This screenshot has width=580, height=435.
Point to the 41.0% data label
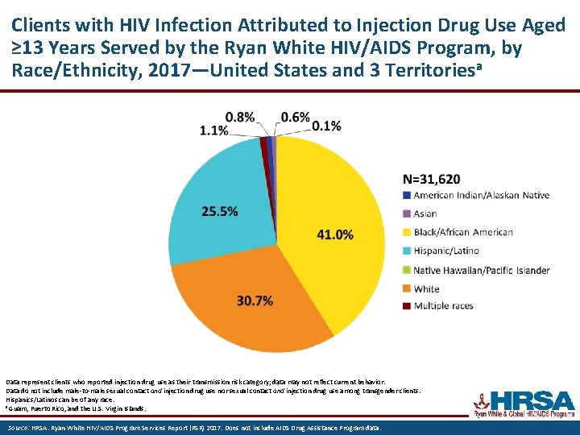(x=335, y=234)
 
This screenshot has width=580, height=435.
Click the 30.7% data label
(x=255, y=300)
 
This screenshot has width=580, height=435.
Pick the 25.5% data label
(x=219, y=211)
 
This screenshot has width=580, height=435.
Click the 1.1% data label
(x=213, y=130)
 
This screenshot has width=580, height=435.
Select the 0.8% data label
(x=240, y=117)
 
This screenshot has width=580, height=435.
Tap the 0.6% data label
(x=295, y=117)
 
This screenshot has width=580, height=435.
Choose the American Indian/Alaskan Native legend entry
(x=481, y=195)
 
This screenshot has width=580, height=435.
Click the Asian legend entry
(x=425, y=213)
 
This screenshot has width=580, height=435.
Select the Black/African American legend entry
(x=462, y=232)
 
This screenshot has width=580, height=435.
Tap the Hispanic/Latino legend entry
(x=445, y=251)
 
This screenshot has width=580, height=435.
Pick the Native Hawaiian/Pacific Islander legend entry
(x=481, y=270)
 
